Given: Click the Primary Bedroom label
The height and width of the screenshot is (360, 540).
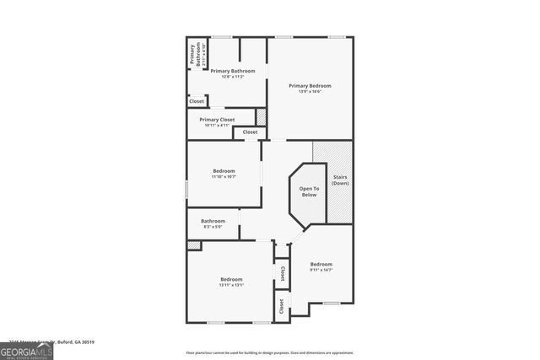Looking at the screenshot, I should tap(310, 85).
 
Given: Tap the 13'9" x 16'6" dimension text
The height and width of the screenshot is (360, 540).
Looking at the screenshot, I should tap(310, 91).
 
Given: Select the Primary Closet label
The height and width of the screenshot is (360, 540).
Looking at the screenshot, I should tap(218, 120).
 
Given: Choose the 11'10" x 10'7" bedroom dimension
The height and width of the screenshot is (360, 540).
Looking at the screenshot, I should tap(224, 177).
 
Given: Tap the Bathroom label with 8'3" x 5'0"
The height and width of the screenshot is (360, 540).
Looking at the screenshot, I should tap(213, 221).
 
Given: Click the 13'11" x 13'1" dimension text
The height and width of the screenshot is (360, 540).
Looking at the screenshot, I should tap(231, 285).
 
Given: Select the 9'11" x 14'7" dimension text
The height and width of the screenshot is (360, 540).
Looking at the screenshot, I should tap(321, 270).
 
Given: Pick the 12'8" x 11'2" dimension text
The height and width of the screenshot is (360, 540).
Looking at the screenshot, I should tap(233, 77).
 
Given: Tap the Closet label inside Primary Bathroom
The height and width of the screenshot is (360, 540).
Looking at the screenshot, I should tap(197, 101).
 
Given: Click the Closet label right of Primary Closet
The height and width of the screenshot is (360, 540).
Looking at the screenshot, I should tap(251, 132).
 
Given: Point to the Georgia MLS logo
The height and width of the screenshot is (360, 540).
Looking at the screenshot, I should tap(26, 350).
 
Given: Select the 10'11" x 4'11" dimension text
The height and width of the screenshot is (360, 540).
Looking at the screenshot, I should tap(218, 126).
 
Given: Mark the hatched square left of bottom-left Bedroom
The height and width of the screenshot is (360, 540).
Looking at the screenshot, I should tap(194, 245).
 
